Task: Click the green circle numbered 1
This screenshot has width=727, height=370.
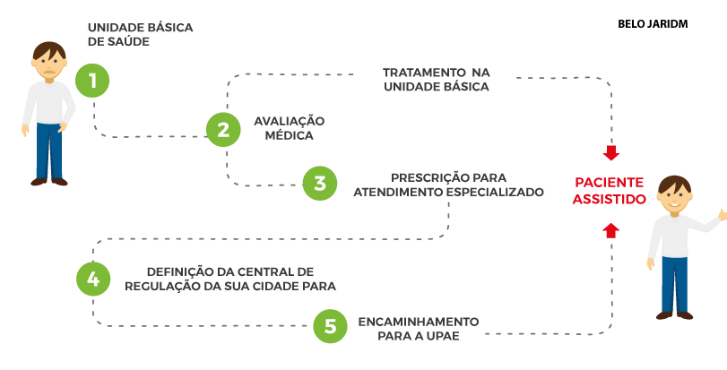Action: (x=92, y=80)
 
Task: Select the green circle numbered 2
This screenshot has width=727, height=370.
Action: (x=223, y=130)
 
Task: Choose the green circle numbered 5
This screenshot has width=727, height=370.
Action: (x=330, y=326)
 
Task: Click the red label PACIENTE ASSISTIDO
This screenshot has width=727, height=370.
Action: (x=609, y=191)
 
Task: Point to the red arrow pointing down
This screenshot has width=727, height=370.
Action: (x=611, y=152)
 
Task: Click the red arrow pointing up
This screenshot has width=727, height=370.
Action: (x=610, y=230)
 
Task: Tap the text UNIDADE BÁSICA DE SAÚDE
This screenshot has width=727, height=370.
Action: (x=140, y=35)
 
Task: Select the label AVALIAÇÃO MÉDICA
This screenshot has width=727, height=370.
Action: (x=289, y=127)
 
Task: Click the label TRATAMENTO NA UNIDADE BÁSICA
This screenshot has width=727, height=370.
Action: (x=437, y=79)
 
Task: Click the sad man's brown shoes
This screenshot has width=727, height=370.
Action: (x=48, y=181)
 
